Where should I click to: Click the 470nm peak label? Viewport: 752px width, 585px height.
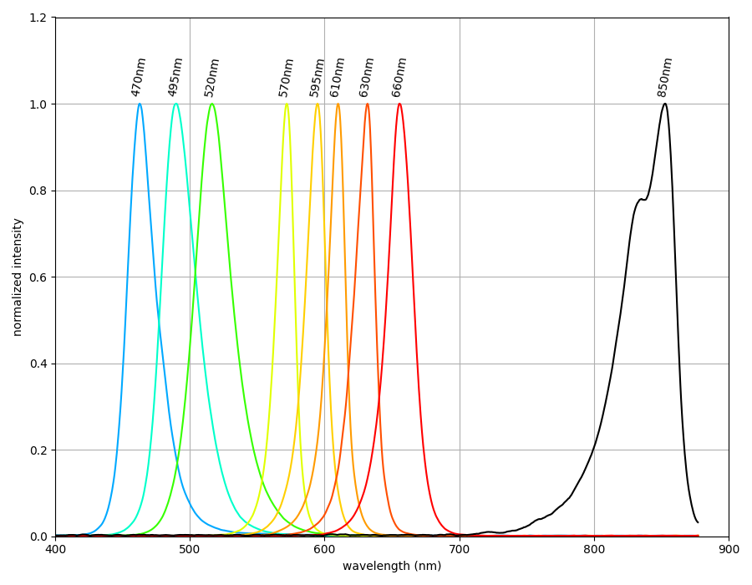click(x=139, y=77)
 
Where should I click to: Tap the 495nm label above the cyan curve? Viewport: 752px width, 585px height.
click(x=175, y=77)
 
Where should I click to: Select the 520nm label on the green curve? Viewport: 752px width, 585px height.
click(x=212, y=77)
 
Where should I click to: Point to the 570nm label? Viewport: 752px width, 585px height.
click(x=287, y=77)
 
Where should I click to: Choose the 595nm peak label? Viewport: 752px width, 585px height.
click(x=318, y=77)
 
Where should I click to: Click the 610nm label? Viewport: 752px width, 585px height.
click(x=338, y=77)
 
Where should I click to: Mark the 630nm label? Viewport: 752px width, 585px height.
click(x=367, y=77)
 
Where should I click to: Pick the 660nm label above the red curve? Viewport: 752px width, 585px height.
click(x=399, y=77)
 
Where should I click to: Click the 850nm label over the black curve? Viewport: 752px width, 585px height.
click(x=665, y=77)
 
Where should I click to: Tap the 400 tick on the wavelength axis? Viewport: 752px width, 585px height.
click(x=55, y=549)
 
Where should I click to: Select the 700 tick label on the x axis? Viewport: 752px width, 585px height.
click(x=460, y=549)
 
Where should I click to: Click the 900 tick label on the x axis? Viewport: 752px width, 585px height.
click(x=729, y=549)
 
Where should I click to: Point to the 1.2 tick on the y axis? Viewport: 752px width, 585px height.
click(x=39, y=18)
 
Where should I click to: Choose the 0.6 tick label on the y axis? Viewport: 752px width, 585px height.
click(x=39, y=277)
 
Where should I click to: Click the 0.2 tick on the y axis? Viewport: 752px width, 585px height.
click(x=39, y=450)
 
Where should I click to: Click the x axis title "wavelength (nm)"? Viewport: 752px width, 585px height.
click(x=392, y=567)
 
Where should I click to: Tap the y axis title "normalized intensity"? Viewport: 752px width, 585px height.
click(x=18, y=277)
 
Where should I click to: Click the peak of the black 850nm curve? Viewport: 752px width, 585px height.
click(x=664, y=104)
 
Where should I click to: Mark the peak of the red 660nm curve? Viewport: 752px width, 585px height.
click(x=399, y=104)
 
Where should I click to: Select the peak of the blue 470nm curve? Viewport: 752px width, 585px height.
click(x=140, y=104)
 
